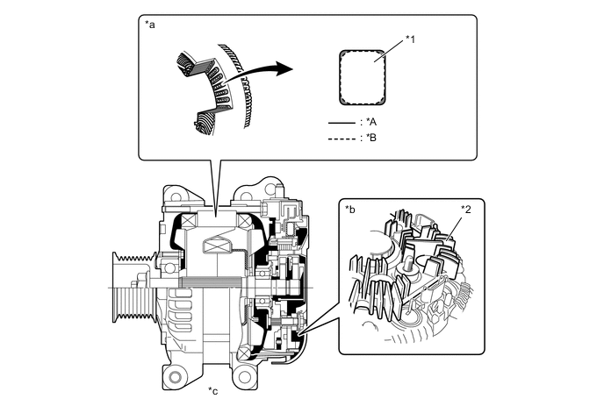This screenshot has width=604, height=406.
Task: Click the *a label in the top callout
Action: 149,25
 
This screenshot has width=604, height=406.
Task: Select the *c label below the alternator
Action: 212,389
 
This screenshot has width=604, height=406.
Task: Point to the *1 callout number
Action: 412,39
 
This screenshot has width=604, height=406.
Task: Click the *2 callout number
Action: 466,210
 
